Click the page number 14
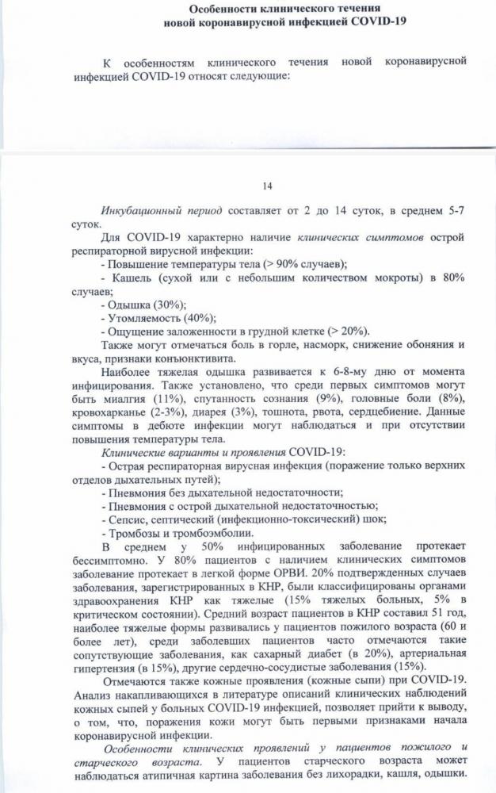266,186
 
